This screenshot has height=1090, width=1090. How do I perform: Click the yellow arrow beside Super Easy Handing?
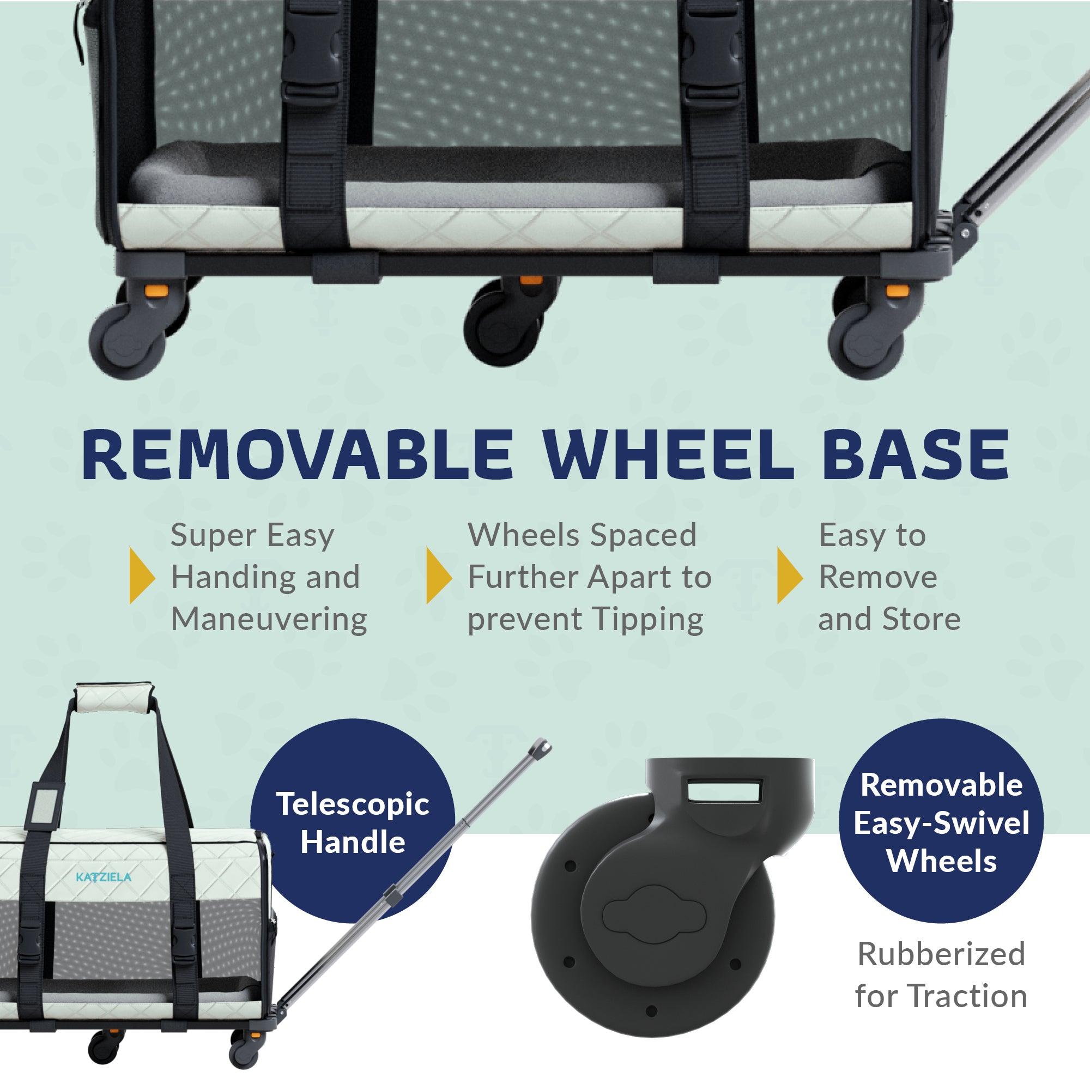tap(142, 576)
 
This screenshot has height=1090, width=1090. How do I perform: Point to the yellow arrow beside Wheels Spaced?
tap(439, 576)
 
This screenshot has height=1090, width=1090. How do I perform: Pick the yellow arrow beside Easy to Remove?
tap(790, 576)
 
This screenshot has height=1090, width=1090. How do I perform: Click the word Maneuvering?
tap(269, 619)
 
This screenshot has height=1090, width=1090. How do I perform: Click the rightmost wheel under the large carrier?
tap(866, 338)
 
